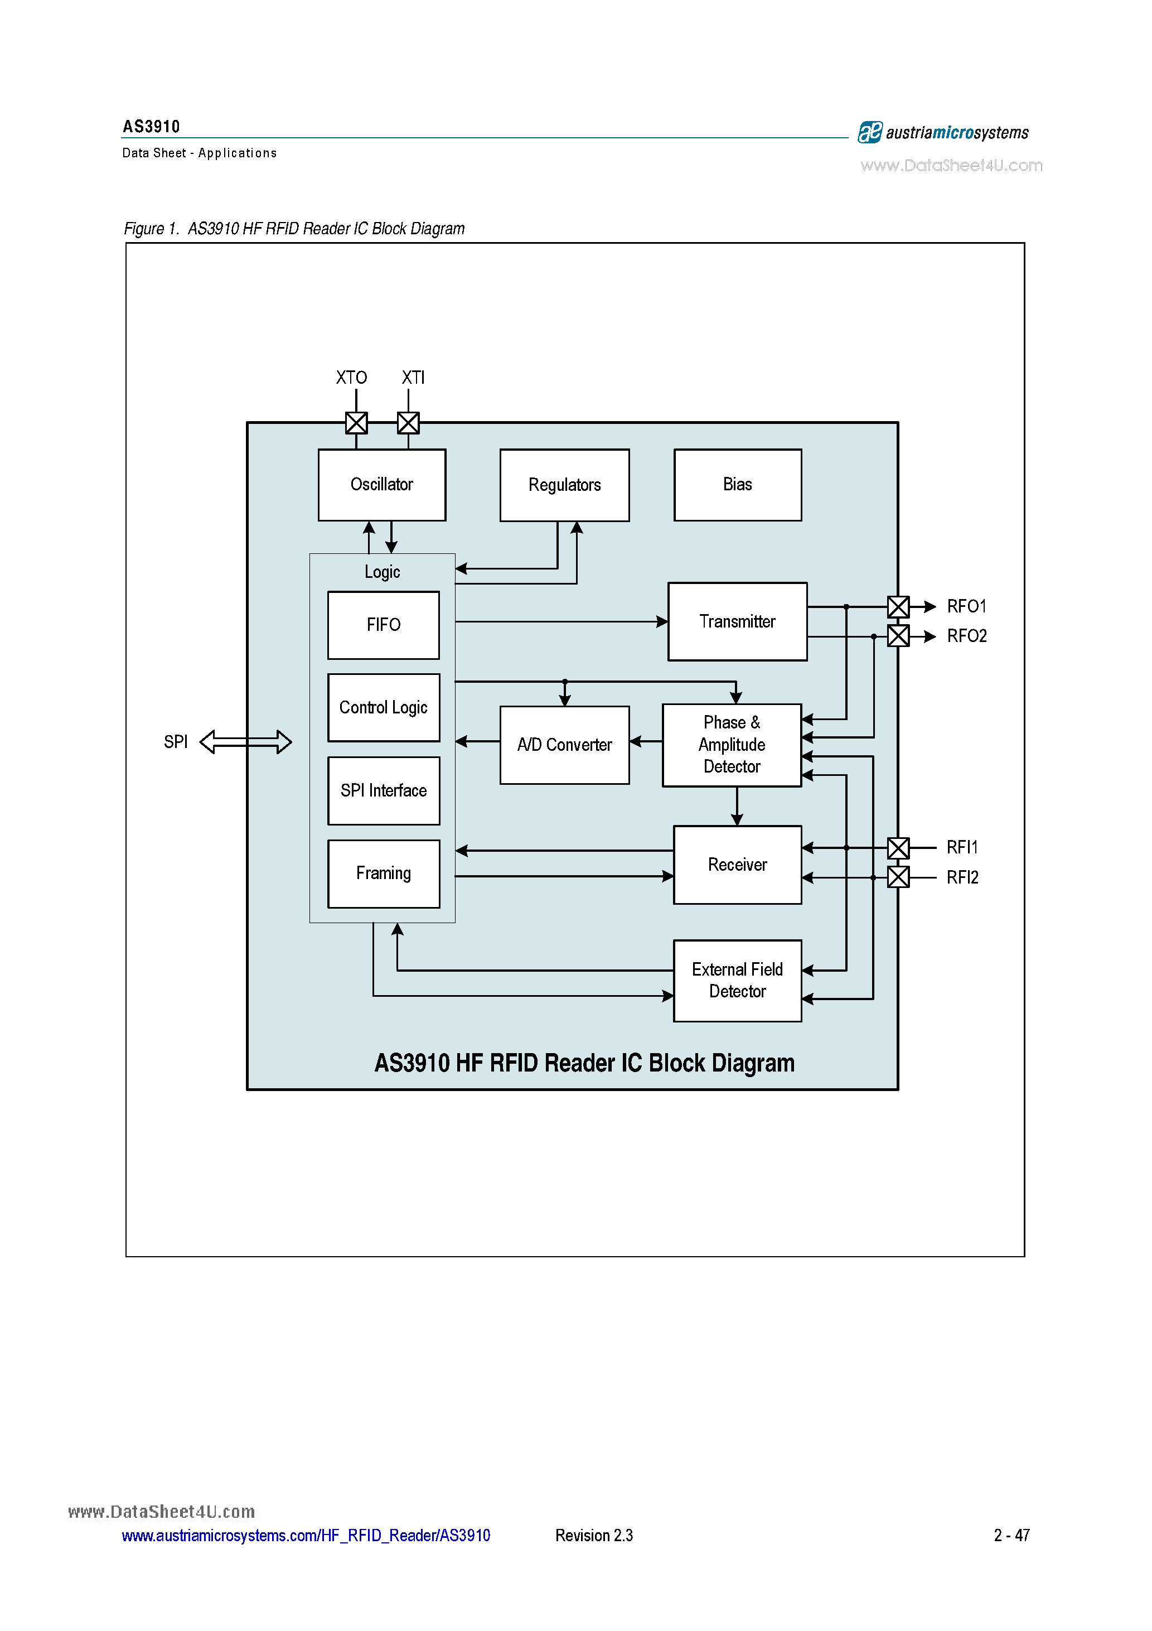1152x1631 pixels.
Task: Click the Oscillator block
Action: coord(381,485)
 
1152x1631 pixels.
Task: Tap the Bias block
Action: coord(737,485)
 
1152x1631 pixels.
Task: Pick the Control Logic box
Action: coord(383,707)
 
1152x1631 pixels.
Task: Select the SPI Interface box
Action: coord(383,790)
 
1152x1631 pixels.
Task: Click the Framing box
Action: coord(383,873)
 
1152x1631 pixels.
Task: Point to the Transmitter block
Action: coord(737,621)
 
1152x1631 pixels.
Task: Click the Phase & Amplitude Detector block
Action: coord(731,745)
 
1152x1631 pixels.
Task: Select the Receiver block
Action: coord(737,865)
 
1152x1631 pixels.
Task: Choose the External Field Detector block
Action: coord(737,980)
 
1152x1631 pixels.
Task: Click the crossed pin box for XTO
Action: coord(356,423)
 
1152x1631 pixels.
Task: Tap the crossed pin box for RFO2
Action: coord(898,636)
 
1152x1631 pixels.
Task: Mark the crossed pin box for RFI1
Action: coord(898,847)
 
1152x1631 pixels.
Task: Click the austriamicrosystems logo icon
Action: coord(869,132)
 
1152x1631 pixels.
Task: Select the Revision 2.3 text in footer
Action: coord(594,1535)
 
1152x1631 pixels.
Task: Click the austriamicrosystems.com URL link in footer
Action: coord(306,1535)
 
